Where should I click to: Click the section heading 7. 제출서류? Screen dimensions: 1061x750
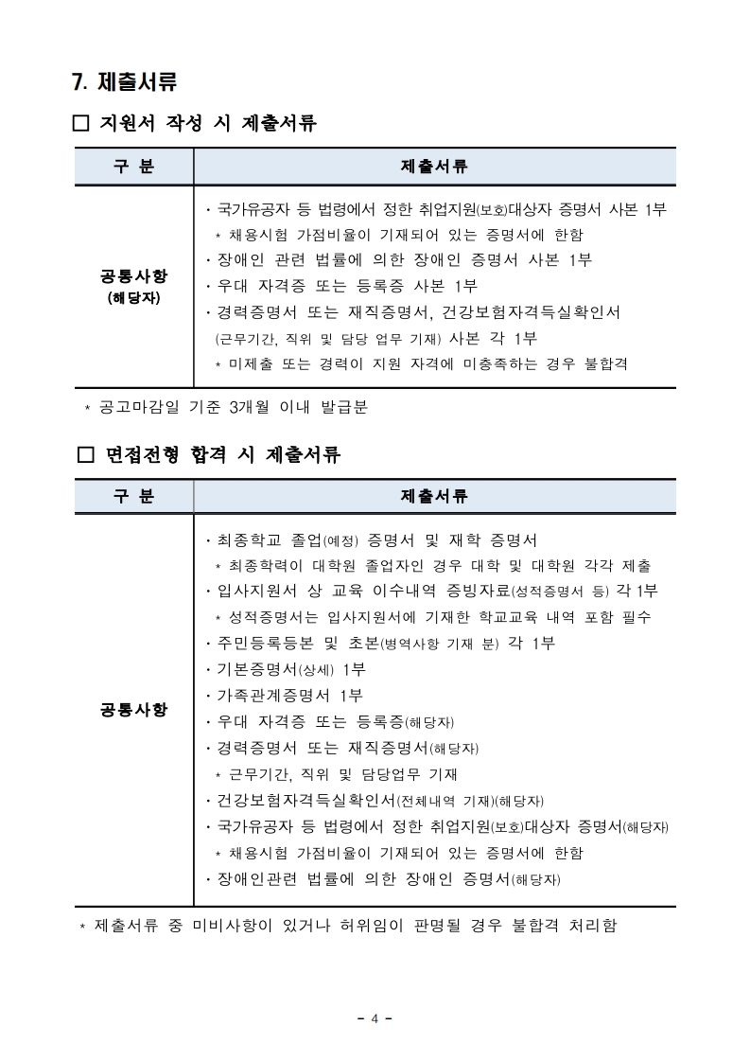124,82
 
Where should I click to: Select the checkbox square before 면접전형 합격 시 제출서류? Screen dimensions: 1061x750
85,455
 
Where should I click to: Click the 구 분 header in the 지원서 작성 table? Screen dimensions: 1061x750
133,167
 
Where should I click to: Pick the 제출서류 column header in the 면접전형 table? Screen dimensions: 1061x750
434,496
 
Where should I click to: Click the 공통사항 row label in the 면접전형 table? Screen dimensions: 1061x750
133,709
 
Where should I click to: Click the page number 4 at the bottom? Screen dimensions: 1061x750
375,1018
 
